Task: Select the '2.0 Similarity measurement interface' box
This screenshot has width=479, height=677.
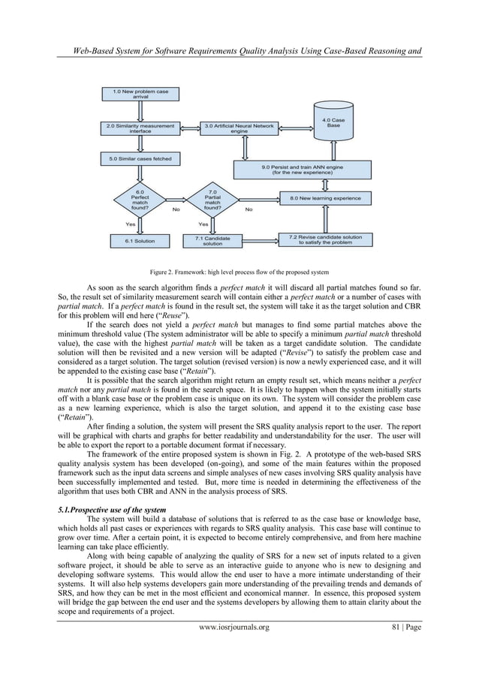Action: pyautogui.click(x=140, y=128)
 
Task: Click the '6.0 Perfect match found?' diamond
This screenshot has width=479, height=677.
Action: pyautogui.click(x=140, y=200)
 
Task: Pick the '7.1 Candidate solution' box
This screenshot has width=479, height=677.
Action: pyautogui.click(x=213, y=241)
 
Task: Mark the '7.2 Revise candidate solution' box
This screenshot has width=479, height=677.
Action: pyautogui.click(x=325, y=239)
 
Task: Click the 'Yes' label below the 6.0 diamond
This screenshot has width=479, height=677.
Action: pyautogui.click(x=131, y=224)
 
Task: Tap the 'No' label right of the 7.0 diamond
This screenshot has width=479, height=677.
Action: pyautogui.click(x=249, y=209)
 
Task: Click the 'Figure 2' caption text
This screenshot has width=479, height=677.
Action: pyautogui.click(x=239, y=271)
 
